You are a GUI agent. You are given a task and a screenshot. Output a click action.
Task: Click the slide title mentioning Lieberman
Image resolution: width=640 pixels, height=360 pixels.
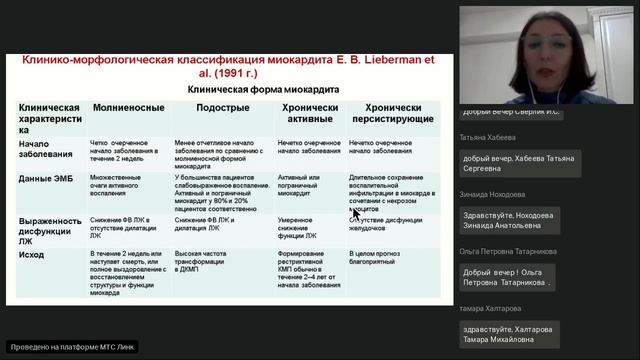(229, 66)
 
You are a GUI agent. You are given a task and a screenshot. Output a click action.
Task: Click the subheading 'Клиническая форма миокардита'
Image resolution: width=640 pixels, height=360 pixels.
(249, 88)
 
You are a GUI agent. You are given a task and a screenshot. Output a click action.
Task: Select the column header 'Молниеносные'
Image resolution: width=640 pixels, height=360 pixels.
(123, 105)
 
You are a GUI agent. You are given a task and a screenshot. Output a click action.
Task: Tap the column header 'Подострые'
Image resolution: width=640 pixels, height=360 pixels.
(222, 105)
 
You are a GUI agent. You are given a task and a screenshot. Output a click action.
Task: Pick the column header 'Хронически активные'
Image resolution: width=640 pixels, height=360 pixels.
(309, 111)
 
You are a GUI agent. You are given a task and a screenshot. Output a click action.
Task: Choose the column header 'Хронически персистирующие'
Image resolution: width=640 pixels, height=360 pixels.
(399, 111)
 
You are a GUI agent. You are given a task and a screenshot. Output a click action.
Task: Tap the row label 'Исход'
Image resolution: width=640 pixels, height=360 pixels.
(32, 254)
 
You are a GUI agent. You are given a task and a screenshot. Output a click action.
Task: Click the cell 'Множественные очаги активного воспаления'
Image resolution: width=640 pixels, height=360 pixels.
(121, 185)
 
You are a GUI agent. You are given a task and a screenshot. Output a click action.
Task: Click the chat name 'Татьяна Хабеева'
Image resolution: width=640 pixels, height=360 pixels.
(488, 138)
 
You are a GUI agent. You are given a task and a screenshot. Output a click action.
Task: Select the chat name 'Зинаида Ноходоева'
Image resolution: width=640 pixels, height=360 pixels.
(493, 195)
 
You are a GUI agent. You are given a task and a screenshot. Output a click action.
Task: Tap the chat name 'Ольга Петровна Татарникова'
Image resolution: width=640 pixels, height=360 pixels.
(508, 252)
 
